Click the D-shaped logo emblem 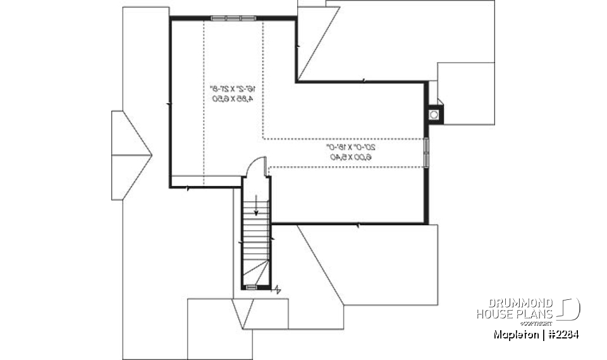click(x=570, y=309)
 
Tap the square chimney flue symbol click(x=434, y=115)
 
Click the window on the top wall click(x=233, y=18)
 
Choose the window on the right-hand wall click(x=426, y=152)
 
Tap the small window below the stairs click(x=252, y=287)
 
